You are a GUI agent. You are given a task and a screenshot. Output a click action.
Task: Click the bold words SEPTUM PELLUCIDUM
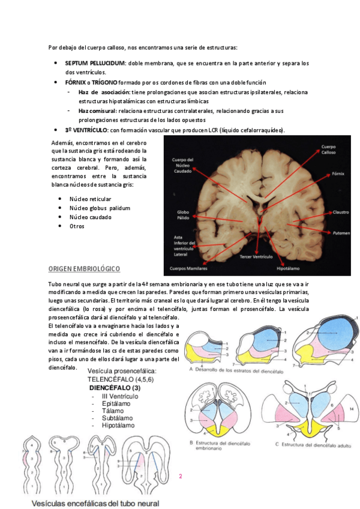[x=95, y=63]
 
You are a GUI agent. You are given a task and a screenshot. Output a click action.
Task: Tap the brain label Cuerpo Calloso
[x=328, y=149]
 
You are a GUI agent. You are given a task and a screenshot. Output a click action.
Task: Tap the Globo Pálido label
[x=183, y=215]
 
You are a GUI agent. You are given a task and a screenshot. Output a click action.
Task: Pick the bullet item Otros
[x=77, y=226]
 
